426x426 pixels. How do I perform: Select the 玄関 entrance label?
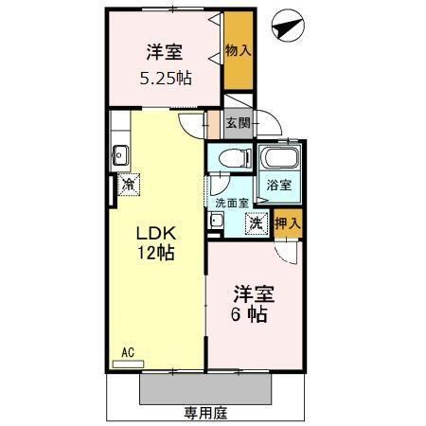pyautogui.click(x=238, y=122)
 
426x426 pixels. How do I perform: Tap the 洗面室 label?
pyautogui.click(x=231, y=202)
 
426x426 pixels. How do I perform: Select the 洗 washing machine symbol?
pyautogui.click(x=256, y=224)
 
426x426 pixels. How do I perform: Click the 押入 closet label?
pyautogui.click(x=288, y=224)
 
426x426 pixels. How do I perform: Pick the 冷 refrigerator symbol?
pyautogui.click(x=127, y=186)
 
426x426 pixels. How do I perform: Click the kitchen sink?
pyautogui.click(x=120, y=151)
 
